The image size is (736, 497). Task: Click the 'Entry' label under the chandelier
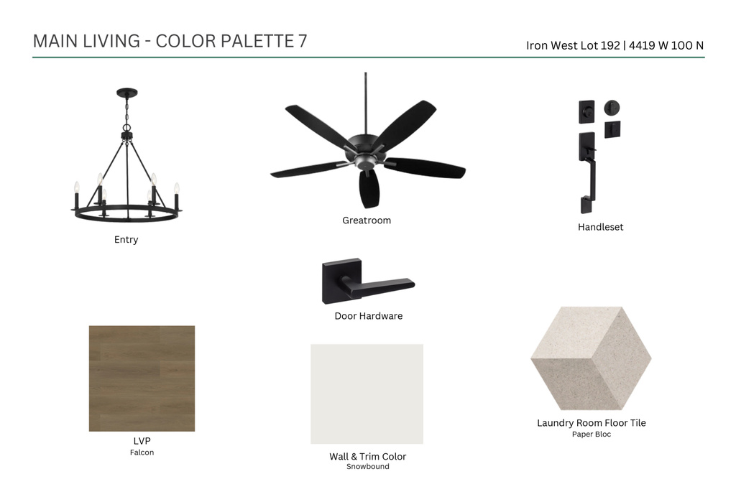point(126,240)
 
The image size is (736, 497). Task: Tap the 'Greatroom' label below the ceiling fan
point(367,220)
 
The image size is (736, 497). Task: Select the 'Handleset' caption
point(600,227)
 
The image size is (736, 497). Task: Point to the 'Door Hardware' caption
point(369,316)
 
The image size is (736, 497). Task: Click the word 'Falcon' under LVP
point(142,452)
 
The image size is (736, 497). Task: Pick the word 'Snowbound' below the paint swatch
point(367,467)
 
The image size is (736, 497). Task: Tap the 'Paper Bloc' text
point(592,435)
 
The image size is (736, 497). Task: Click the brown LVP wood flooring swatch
point(142,378)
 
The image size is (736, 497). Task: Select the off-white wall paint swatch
point(367,394)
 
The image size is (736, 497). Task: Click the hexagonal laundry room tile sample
point(591,358)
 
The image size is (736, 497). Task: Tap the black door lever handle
point(380,285)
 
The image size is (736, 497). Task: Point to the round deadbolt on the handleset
point(612,108)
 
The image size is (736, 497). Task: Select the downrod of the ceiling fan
point(366,103)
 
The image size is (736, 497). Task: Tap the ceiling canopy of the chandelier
point(127,93)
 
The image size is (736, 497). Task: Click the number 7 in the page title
point(303,41)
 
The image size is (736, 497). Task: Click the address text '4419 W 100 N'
point(666,45)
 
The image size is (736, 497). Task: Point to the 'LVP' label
point(142,441)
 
